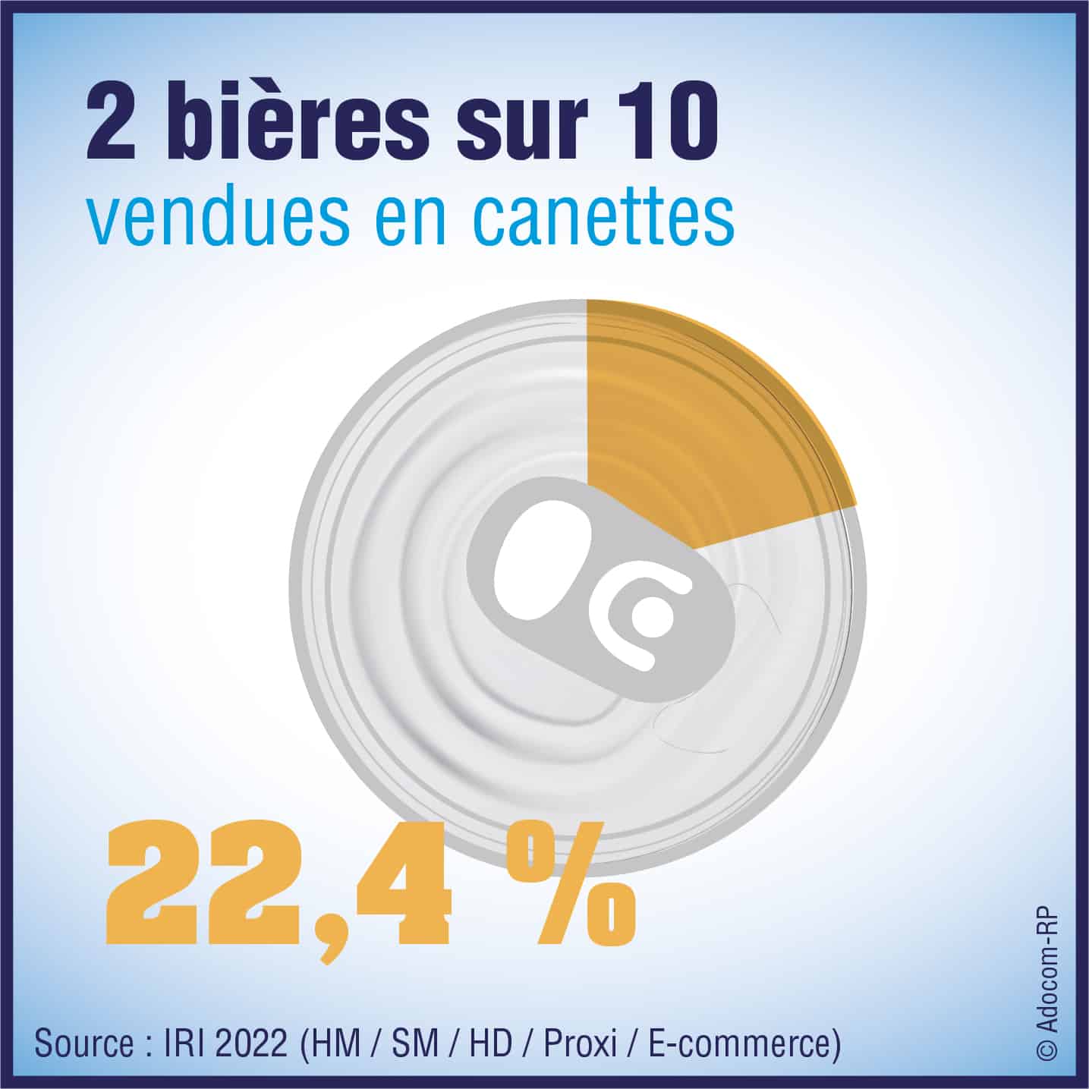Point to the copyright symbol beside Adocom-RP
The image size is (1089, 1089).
pyautogui.click(x=1048, y=1051)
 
